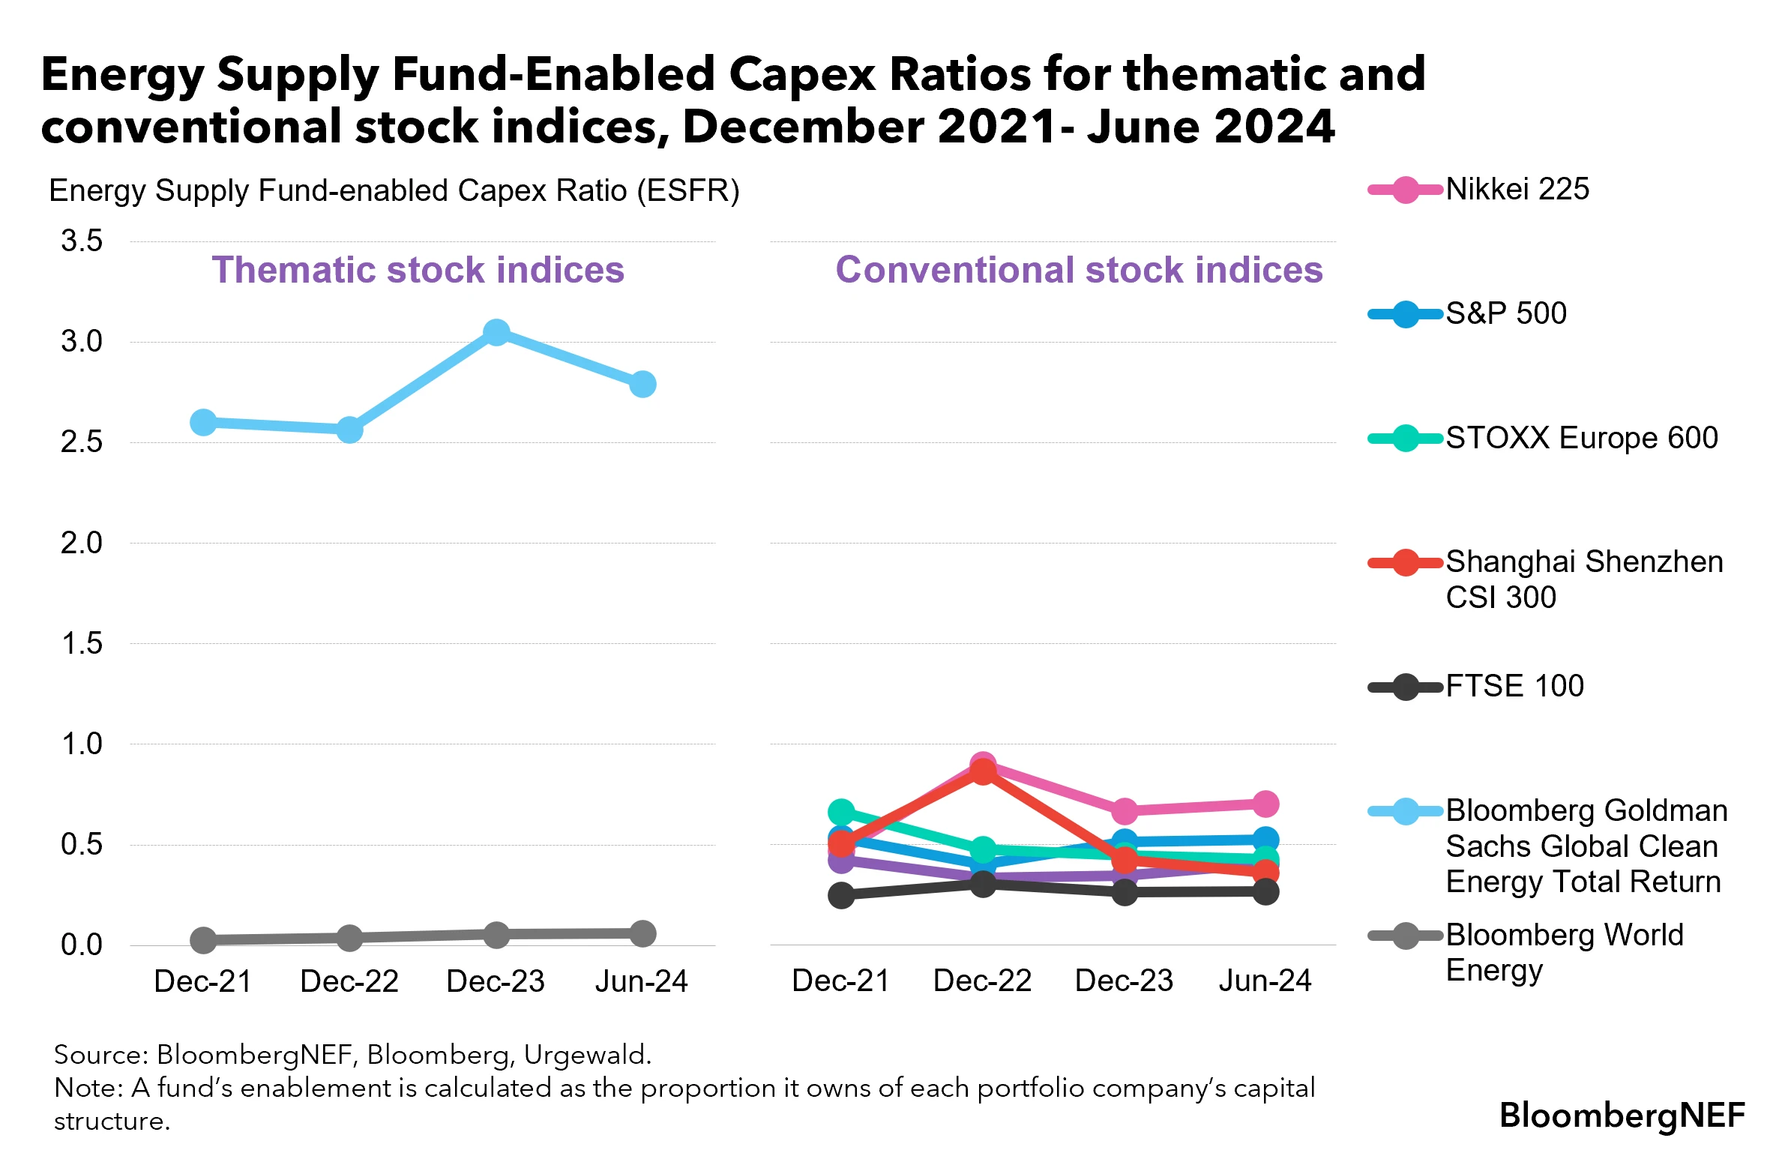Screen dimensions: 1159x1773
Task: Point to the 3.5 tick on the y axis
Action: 82,241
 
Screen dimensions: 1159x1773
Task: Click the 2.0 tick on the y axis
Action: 82,543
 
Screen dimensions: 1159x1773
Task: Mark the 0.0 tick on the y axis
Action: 82,945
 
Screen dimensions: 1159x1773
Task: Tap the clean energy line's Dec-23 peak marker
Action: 496,332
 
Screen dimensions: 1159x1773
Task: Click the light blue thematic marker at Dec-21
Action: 203,422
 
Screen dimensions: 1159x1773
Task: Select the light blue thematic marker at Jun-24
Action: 642,384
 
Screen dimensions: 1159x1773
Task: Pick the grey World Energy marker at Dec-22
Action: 349,937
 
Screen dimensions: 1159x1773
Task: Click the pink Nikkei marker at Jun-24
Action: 1265,804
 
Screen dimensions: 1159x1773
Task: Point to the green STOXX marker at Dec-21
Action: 841,812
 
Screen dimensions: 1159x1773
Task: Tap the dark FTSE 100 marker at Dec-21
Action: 841,895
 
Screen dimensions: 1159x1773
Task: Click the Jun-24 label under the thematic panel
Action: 641,981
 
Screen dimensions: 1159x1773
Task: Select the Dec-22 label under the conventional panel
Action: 982,981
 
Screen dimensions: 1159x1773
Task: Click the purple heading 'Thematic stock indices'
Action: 418,270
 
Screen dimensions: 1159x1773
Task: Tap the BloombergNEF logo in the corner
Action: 1622,1116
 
